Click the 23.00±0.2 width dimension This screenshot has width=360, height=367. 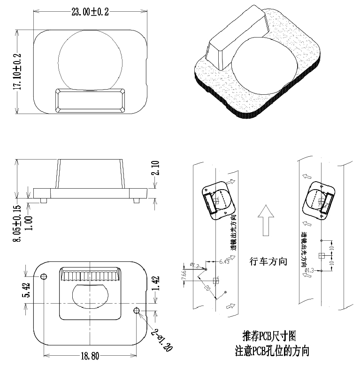(x=90, y=13)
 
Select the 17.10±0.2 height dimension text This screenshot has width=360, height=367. (x=17, y=71)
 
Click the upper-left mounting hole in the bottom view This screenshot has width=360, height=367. (x=44, y=276)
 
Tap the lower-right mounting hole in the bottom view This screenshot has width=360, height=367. (x=137, y=310)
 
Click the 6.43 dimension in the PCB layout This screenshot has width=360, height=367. (x=224, y=261)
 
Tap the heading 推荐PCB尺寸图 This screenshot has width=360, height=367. (x=269, y=336)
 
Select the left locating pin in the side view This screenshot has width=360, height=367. (x=43, y=200)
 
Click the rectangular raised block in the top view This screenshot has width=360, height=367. (x=91, y=101)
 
